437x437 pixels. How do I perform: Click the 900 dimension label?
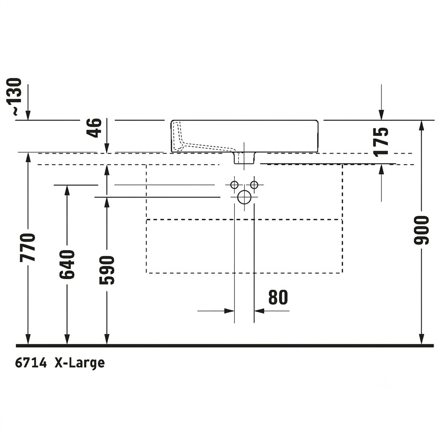[421, 230]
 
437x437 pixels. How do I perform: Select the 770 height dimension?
[28, 248]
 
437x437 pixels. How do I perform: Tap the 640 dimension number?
[67, 264]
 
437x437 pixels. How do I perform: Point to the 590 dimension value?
[107, 270]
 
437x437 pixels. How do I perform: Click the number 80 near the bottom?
[278, 297]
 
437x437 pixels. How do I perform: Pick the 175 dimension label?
[381, 142]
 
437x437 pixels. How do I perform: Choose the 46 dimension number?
[94, 128]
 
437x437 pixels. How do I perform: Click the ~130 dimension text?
[14, 97]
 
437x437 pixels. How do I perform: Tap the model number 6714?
[31, 363]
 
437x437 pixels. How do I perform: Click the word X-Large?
[80, 364]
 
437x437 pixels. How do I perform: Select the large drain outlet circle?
[244, 197]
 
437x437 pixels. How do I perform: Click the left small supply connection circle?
[234, 184]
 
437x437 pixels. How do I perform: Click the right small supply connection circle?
[254, 184]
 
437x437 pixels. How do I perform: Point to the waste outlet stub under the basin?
[244, 158]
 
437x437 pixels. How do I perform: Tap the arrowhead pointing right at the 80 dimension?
[229, 311]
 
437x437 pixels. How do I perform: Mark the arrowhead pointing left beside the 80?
[259, 311]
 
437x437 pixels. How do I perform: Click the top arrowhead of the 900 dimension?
[422, 125]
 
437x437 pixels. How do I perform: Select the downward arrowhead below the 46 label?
[107, 148]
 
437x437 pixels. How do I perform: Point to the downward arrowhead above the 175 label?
[381, 115]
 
